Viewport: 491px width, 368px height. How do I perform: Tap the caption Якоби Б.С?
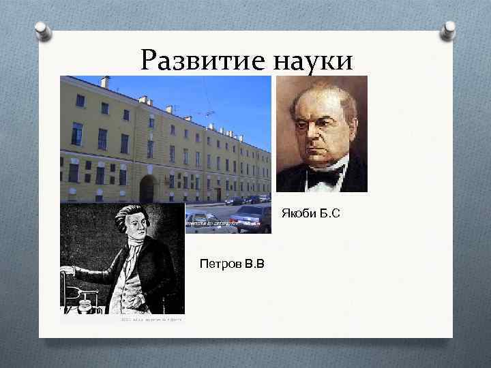point(310,215)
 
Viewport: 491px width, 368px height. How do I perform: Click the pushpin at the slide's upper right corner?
point(448,30)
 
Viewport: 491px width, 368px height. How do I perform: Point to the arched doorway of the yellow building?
point(147,189)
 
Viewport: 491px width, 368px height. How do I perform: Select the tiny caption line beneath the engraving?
point(151,318)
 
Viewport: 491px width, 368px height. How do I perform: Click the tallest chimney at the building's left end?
point(104,82)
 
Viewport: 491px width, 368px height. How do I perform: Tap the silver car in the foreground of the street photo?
point(251,219)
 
